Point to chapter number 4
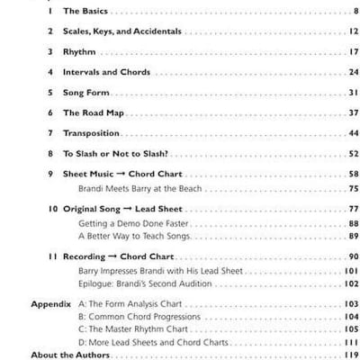coord(50,72)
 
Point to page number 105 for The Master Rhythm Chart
coord(352,329)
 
